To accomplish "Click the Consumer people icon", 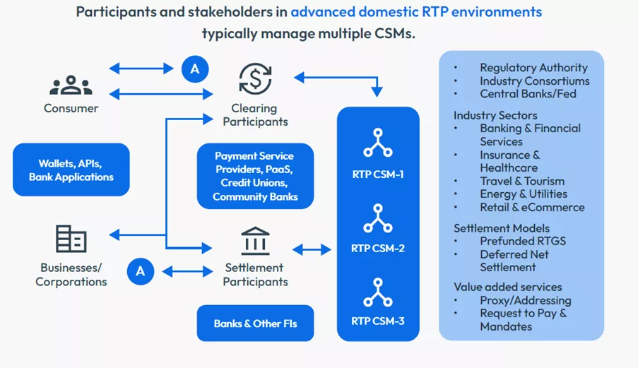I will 71,84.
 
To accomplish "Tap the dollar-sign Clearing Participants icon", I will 255,78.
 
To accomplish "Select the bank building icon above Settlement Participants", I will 255,242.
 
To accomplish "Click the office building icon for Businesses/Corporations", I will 71,239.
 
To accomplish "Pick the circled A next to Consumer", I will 195,69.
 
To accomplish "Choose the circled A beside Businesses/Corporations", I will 141,271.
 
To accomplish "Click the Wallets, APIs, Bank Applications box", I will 71,170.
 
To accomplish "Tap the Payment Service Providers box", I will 254,176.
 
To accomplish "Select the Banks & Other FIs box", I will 255,324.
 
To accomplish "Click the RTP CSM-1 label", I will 378,174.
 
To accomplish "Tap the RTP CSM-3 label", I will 378,321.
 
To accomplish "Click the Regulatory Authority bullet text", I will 533,68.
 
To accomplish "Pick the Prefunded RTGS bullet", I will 523,241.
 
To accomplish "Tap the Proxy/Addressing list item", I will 526,300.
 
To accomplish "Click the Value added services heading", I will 507,287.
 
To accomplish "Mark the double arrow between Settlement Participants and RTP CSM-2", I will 312,249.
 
